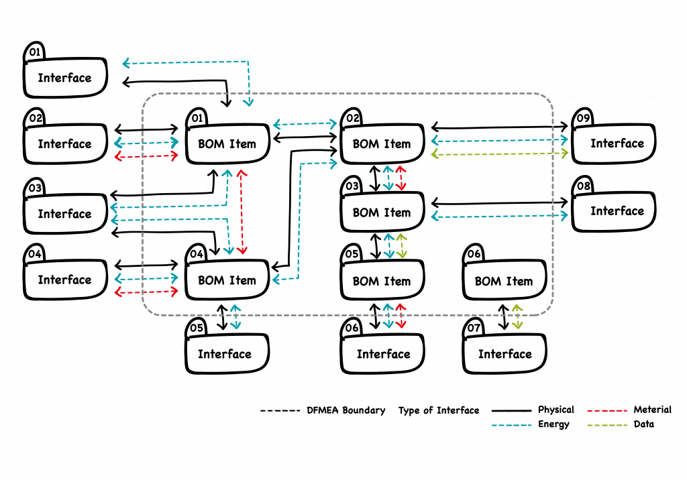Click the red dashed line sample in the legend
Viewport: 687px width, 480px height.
pyautogui.click(x=607, y=410)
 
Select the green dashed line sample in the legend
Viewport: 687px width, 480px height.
pyautogui.click(x=607, y=425)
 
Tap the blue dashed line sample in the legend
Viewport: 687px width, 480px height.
pyautogui.click(x=511, y=425)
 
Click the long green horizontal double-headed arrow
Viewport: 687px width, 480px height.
pyautogui.click(x=500, y=154)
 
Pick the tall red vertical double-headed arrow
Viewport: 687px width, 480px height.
pyautogui.click(x=242, y=212)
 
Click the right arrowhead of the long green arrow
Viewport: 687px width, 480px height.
pyautogui.click(x=565, y=153)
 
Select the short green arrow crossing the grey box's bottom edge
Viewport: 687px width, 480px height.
pyautogui.click(x=517, y=316)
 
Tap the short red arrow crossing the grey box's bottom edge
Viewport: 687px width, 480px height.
pyautogui.click(x=401, y=316)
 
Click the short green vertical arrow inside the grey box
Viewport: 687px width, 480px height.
pyautogui.click(x=401, y=245)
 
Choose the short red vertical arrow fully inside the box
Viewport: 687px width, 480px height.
pyautogui.click(x=401, y=178)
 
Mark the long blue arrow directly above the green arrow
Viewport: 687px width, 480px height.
pyautogui.click(x=500, y=141)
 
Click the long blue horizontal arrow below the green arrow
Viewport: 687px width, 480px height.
pyautogui.click(x=500, y=216)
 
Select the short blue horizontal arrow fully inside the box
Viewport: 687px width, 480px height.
pyautogui.click(x=305, y=124)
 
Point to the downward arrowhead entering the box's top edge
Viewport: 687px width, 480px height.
pyautogui.click(x=248, y=103)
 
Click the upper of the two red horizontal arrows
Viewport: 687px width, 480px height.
pyautogui.click(x=146, y=156)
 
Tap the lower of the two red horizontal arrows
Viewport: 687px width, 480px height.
pyautogui.click(x=146, y=292)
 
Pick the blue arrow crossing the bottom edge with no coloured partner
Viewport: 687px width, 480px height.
pyautogui.click(x=235, y=317)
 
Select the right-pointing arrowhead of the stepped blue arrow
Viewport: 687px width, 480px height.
pyautogui.click(x=333, y=163)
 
